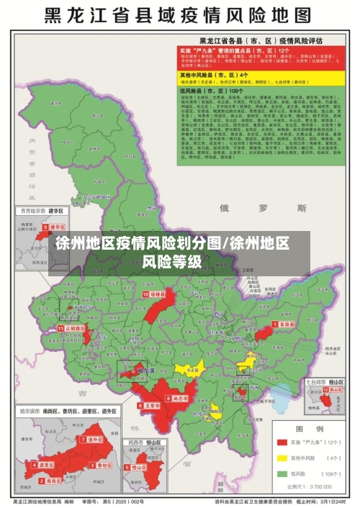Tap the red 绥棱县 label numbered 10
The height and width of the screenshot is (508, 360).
[156, 294]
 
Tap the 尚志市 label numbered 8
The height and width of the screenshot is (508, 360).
[179, 397]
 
